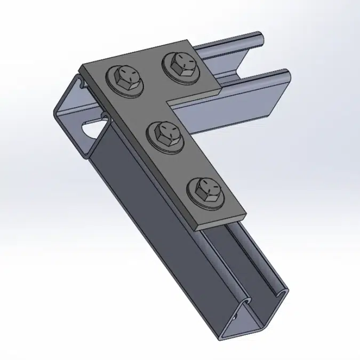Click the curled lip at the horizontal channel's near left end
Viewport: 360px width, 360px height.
pyautogui.click(x=80, y=83)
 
